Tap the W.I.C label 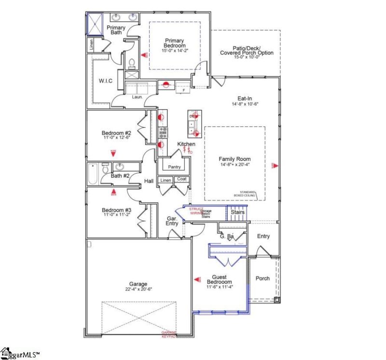[105, 80]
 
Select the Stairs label [237, 212]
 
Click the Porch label [262, 279]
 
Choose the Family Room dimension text [234, 165]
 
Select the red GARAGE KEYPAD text [169, 334]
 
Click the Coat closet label [181, 179]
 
